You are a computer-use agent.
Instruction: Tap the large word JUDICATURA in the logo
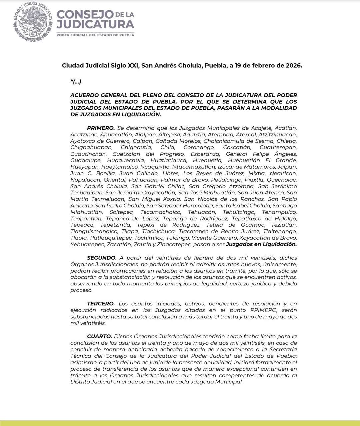95,24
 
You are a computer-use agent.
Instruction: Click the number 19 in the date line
238,65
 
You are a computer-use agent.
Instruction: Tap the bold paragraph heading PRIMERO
101,128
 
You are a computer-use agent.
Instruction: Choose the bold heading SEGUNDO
101,258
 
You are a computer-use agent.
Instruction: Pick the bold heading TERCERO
101,304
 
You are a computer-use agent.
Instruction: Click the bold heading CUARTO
99,336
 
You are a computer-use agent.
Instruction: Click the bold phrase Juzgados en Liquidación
261,244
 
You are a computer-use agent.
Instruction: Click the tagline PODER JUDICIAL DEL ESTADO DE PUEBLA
95,35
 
